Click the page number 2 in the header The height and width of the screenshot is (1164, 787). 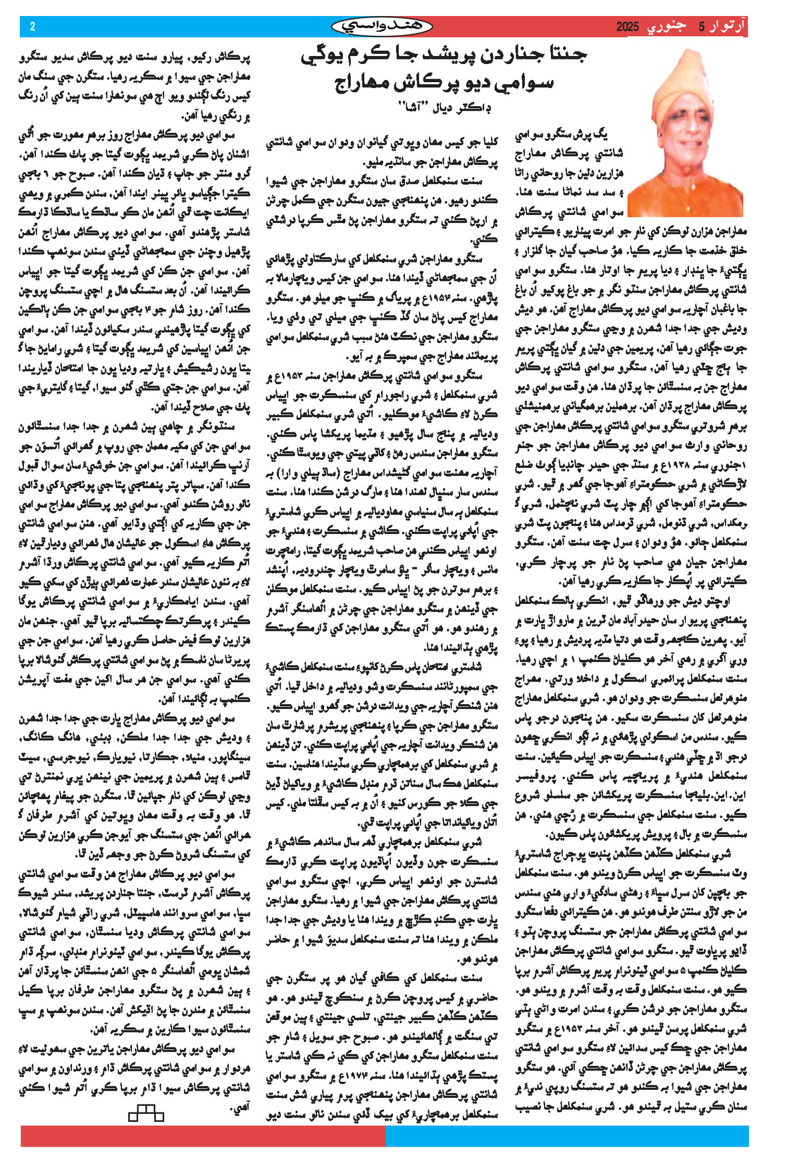coord(32,27)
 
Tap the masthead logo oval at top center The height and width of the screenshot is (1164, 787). coord(381,26)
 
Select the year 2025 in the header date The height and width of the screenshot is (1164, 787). coord(627,27)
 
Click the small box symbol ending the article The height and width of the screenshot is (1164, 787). coord(145,1113)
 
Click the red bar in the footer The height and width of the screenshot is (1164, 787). coord(200,1136)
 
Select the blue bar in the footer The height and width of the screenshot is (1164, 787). coord(567,1136)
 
